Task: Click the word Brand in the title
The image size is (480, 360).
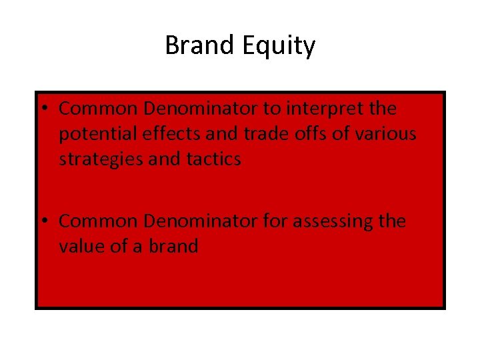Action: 197,46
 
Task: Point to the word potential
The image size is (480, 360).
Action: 95,135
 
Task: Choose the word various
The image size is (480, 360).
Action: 385,134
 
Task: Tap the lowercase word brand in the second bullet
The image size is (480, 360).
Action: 173,246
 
